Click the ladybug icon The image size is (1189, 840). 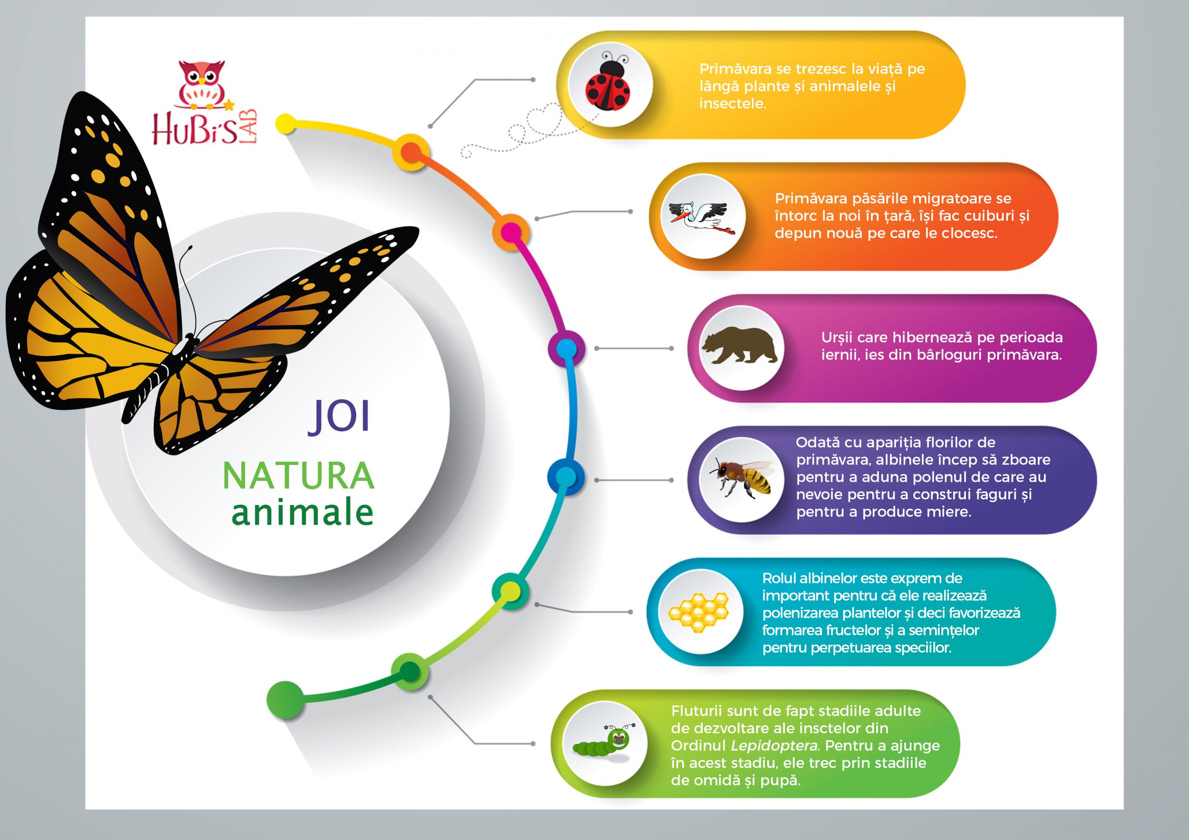pyautogui.click(x=608, y=84)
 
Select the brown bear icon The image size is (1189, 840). pyautogui.click(x=739, y=346)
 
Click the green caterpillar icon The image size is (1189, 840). pyautogui.click(x=604, y=743)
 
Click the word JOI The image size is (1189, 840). pyautogui.click(x=340, y=416)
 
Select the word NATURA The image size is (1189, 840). pyautogui.click(x=298, y=476)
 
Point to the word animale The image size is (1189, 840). pyautogui.click(x=302, y=512)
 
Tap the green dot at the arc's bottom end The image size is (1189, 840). pyautogui.click(x=285, y=700)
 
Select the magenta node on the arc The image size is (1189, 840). pyautogui.click(x=511, y=232)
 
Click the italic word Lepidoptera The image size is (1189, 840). pyautogui.click(x=775, y=746)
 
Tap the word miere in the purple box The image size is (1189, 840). pyautogui.click(x=949, y=512)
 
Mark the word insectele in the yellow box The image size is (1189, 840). pyautogui.click(x=732, y=103)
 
